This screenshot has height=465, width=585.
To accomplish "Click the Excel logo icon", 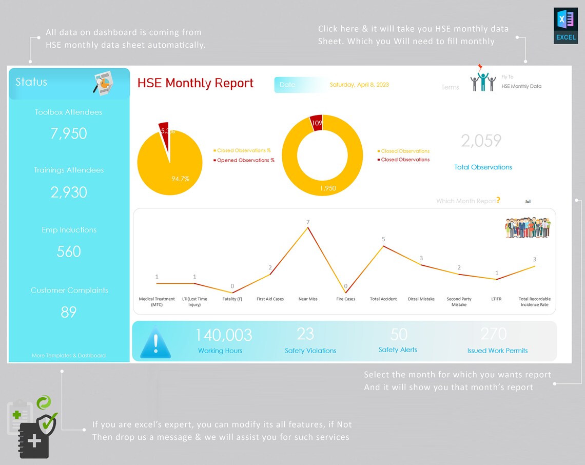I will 565,25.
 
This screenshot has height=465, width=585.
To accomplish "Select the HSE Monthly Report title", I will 196,83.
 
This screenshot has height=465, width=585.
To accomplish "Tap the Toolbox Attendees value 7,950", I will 69,133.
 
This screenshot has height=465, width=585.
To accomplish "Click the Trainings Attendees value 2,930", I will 69,192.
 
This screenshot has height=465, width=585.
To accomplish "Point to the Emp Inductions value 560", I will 69,251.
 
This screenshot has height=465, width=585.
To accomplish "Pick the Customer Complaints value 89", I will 69,312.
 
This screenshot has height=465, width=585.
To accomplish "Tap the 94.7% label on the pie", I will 180,179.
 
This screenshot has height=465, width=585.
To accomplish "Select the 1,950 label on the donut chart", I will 328,188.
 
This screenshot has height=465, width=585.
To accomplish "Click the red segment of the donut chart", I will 316,123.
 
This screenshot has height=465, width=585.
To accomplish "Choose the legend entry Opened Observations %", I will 245,160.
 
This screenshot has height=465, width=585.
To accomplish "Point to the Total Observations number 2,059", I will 481,141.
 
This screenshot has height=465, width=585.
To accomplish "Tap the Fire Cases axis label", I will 345,299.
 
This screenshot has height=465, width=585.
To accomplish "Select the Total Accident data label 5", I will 383,239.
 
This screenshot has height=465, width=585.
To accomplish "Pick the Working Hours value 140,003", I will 223,335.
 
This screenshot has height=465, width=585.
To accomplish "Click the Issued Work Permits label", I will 497,351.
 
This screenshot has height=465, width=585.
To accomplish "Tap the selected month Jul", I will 528,202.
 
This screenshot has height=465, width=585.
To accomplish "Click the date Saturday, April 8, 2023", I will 359,85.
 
